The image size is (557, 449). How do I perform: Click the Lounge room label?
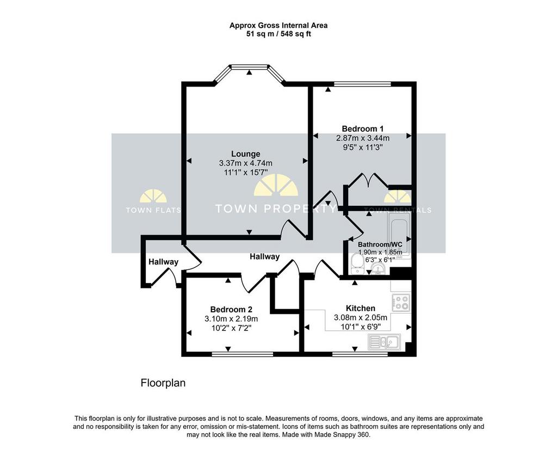[x=245, y=154]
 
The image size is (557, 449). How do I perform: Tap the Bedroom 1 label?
[x=362, y=128]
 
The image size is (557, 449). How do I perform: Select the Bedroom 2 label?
[x=231, y=310]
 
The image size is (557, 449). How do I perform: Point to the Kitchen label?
[x=360, y=308]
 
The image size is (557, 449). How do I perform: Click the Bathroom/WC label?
[x=380, y=244]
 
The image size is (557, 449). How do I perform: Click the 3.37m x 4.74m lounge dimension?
[x=246, y=163]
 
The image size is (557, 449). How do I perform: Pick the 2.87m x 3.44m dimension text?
[x=363, y=138]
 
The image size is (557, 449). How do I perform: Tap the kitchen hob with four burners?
[x=401, y=302]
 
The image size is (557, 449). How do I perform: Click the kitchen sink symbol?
[x=385, y=342]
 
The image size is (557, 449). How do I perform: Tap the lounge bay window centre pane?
[x=249, y=66]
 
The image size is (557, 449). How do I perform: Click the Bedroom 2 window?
[x=242, y=354]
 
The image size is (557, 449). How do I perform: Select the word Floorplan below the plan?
[x=163, y=383]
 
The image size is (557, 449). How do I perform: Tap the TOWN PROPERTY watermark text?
[x=276, y=208]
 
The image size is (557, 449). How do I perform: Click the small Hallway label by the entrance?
[x=163, y=262]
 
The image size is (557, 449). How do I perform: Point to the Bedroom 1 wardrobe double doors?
[x=368, y=180]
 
